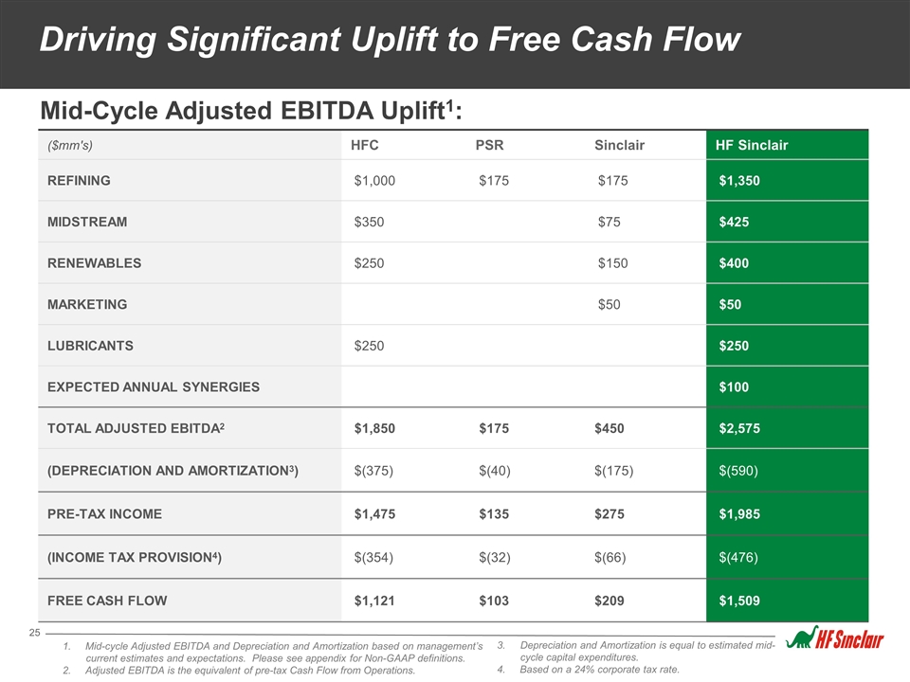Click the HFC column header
pyautogui.click(x=364, y=145)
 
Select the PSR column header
pyautogui.click(x=489, y=145)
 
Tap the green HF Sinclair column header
pyautogui.click(x=752, y=145)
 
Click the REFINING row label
pyautogui.click(x=79, y=180)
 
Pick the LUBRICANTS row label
pyautogui.click(x=91, y=346)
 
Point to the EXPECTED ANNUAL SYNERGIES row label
pyautogui.click(x=154, y=386)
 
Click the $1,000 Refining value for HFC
pyautogui.click(x=374, y=180)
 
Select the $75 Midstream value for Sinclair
pyautogui.click(x=609, y=222)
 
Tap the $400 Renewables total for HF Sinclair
pyautogui.click(x=734, y=263)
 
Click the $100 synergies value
pyautogui.click(x=734, y=386)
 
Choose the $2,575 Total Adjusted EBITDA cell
pyautogui.click(x=739, y=428)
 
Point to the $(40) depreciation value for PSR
pyautogui.click(x=495, y=471)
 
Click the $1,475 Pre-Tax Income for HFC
pyautogui.click(x=374, y=513)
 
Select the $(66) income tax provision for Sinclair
pyautogui.click(x=610, y=557)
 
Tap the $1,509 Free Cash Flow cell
pyautogui.click(x=739, y=601)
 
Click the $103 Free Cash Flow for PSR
pyautogui.click(x=494, y=601)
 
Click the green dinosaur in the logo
pyautogui.click(x=801, y=637)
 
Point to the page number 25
pyautogui.click(x=35, y=633)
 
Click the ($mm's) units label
pyautogui.click(x=70, y=145)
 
